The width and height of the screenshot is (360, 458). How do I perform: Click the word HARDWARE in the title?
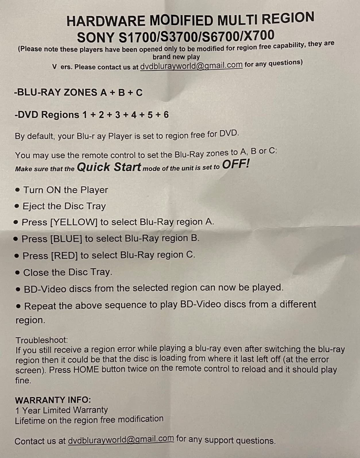(x=106, y=21)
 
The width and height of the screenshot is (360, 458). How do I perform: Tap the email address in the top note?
(x=191, y=66)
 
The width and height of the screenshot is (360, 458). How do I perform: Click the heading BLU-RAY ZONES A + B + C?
(x=78, y=93)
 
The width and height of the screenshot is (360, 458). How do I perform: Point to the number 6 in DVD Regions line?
(x=166, y=115)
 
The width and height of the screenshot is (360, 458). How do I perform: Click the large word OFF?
(x=236, y=164)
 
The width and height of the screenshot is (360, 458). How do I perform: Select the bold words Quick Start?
(x=109, y=167)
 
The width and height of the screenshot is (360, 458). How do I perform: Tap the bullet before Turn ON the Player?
(x=18, y=190)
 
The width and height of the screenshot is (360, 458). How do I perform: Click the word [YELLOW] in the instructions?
(x=74, y=222)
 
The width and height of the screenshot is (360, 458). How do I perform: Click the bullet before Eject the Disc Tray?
(x=17, y=206)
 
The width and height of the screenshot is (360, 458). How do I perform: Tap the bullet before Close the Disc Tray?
(x=18, y=272)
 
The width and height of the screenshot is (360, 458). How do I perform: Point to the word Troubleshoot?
(x=42, y=340)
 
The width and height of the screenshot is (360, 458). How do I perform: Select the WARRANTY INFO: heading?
(x=53, y=400)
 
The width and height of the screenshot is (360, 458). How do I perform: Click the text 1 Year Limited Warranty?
(x=61, y=410)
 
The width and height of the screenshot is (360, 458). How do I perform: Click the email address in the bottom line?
(x=121, y=439)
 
